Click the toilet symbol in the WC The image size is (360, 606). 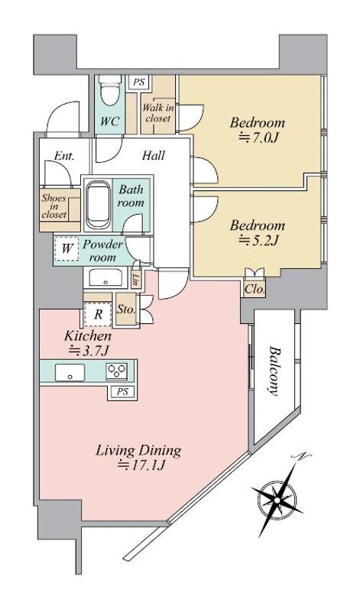click(110, 89)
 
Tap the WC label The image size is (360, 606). click(110, 122)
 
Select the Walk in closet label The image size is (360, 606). click(157, 113)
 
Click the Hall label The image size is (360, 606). click(153, 155)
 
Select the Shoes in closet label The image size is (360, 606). click(54, 206)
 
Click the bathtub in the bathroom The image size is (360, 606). click(98, 205)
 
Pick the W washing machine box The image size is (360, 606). click(66, 248)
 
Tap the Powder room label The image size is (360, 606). click(103, 251)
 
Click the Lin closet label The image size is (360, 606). click(135, 279)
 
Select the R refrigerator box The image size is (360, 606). click(99, 314)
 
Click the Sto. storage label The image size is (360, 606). click(126, 309)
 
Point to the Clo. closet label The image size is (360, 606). click(255, 289)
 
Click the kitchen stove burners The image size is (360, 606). click(117, 372)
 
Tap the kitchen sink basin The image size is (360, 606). click(70, 372)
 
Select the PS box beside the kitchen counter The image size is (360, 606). click(122, 391)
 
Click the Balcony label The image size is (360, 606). click(273, 371)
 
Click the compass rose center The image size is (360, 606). click(276, 500)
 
